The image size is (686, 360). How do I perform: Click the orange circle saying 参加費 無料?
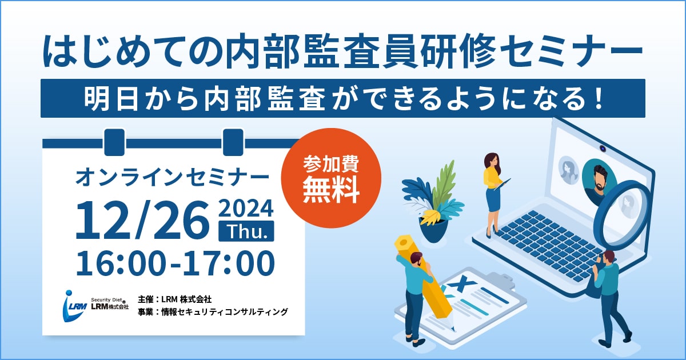point(331,178)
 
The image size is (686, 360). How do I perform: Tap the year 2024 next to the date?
point(246,208)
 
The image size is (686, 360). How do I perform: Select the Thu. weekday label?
point(246,231)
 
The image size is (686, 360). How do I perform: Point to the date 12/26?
point(142,221)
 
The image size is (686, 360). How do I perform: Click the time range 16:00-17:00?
point(175,263)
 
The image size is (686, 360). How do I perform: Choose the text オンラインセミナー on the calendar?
point(172,177)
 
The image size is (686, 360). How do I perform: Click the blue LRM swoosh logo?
point(74,306)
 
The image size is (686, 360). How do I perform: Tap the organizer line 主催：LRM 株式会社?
point(174,299)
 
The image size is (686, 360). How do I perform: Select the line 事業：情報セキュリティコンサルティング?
point(213,311)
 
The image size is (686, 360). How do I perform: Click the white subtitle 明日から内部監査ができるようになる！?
point(343,98)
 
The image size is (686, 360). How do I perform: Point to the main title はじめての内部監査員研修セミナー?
point(342,51)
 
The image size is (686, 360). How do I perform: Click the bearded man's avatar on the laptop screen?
point(599,182)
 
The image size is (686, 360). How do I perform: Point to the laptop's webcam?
point(603,149)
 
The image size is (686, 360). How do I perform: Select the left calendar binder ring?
point(114,142)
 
